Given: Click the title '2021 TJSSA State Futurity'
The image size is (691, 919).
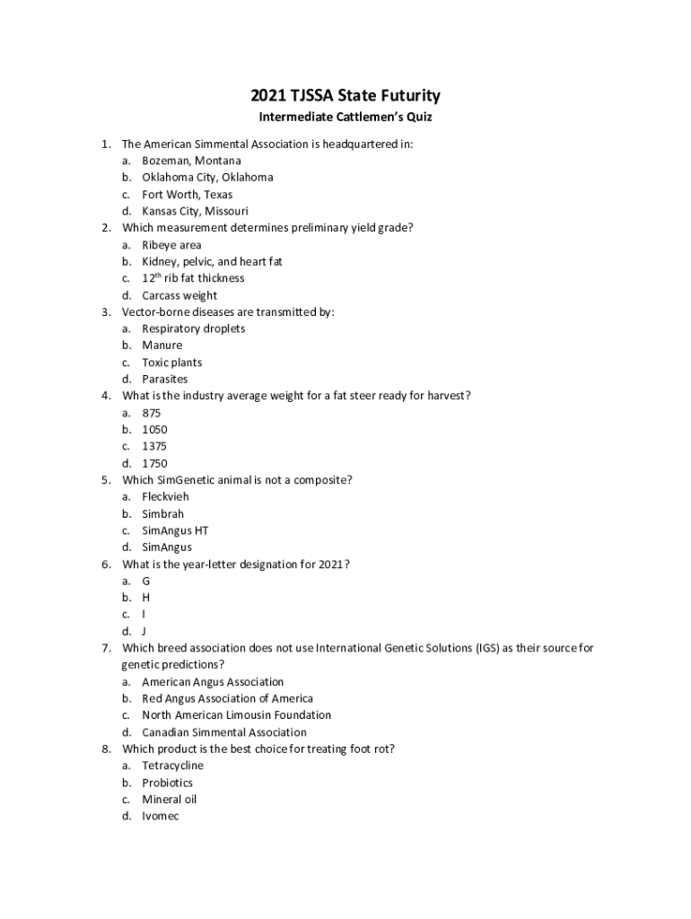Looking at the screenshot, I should click(345, 96).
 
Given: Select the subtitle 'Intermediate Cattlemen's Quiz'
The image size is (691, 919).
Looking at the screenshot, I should click(345, 118).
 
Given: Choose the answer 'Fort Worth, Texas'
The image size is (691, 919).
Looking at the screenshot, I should click(187, 194).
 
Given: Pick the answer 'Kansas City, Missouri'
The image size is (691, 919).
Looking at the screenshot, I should click(195, 211).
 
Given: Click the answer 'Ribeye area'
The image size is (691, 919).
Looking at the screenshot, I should click(171, 245).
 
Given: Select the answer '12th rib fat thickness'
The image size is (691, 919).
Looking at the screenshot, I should click(192, 278).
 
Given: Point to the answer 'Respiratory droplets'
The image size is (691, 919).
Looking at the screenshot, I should click(193, 328).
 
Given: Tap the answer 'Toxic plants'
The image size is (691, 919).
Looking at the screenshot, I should click(171, 363).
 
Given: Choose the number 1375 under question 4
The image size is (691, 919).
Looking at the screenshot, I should click(154, 446).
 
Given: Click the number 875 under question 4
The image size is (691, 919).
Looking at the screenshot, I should click(152, 413).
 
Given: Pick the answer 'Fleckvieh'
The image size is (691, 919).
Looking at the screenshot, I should click(165, 496).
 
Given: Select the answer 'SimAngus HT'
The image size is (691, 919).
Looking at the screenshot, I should click(175, 530).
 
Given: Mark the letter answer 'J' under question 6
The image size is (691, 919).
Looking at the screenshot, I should click(144, 631).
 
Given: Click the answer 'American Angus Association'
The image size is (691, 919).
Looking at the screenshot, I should click(213, 682).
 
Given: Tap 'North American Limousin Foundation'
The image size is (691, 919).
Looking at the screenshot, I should click(236, 715).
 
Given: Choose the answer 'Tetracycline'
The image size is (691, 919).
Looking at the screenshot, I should click(172, 766).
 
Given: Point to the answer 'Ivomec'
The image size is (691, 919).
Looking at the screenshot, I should click(160, 816).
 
